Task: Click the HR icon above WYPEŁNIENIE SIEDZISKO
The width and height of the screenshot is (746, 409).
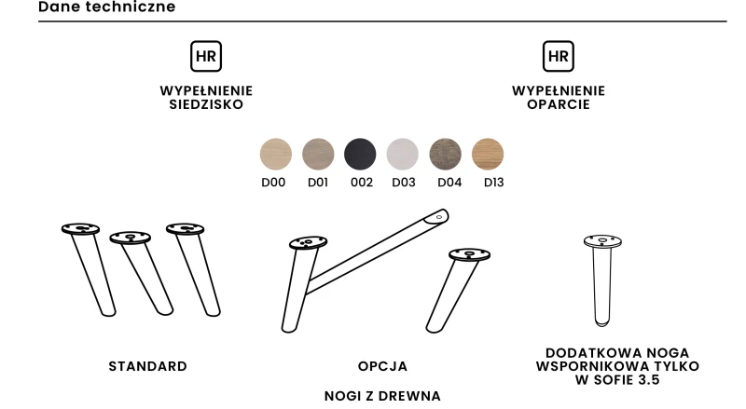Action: [x=206, y=56]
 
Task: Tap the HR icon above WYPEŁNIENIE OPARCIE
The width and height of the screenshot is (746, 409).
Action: [x=558, y=56]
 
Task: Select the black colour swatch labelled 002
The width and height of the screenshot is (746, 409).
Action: [x=360, y=154]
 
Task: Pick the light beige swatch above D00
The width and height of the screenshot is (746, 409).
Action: [x=276, y=154]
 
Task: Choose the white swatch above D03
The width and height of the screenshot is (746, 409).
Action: [x=403, y=154]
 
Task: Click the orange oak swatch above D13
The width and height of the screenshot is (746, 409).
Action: [x=488, y=154]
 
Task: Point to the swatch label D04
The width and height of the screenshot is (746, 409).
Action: [x=449, y=183]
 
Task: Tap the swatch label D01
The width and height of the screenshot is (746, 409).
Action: [x=318, y=183]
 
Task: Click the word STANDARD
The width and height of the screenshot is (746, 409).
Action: [x=148, y=366]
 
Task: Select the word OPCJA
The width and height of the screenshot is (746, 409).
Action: [x=382, y=366]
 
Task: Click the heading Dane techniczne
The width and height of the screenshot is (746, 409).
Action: [x=106, y=7]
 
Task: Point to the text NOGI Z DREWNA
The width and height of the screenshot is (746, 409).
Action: [x=382, y=396]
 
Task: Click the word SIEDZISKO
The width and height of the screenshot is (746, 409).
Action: [x=206, y=104]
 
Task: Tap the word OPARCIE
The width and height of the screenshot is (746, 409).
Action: [x=558, y=104]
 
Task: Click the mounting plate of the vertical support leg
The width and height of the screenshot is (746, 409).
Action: [x=602, y=241]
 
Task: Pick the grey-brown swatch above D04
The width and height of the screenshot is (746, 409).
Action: [x=446, y=154]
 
